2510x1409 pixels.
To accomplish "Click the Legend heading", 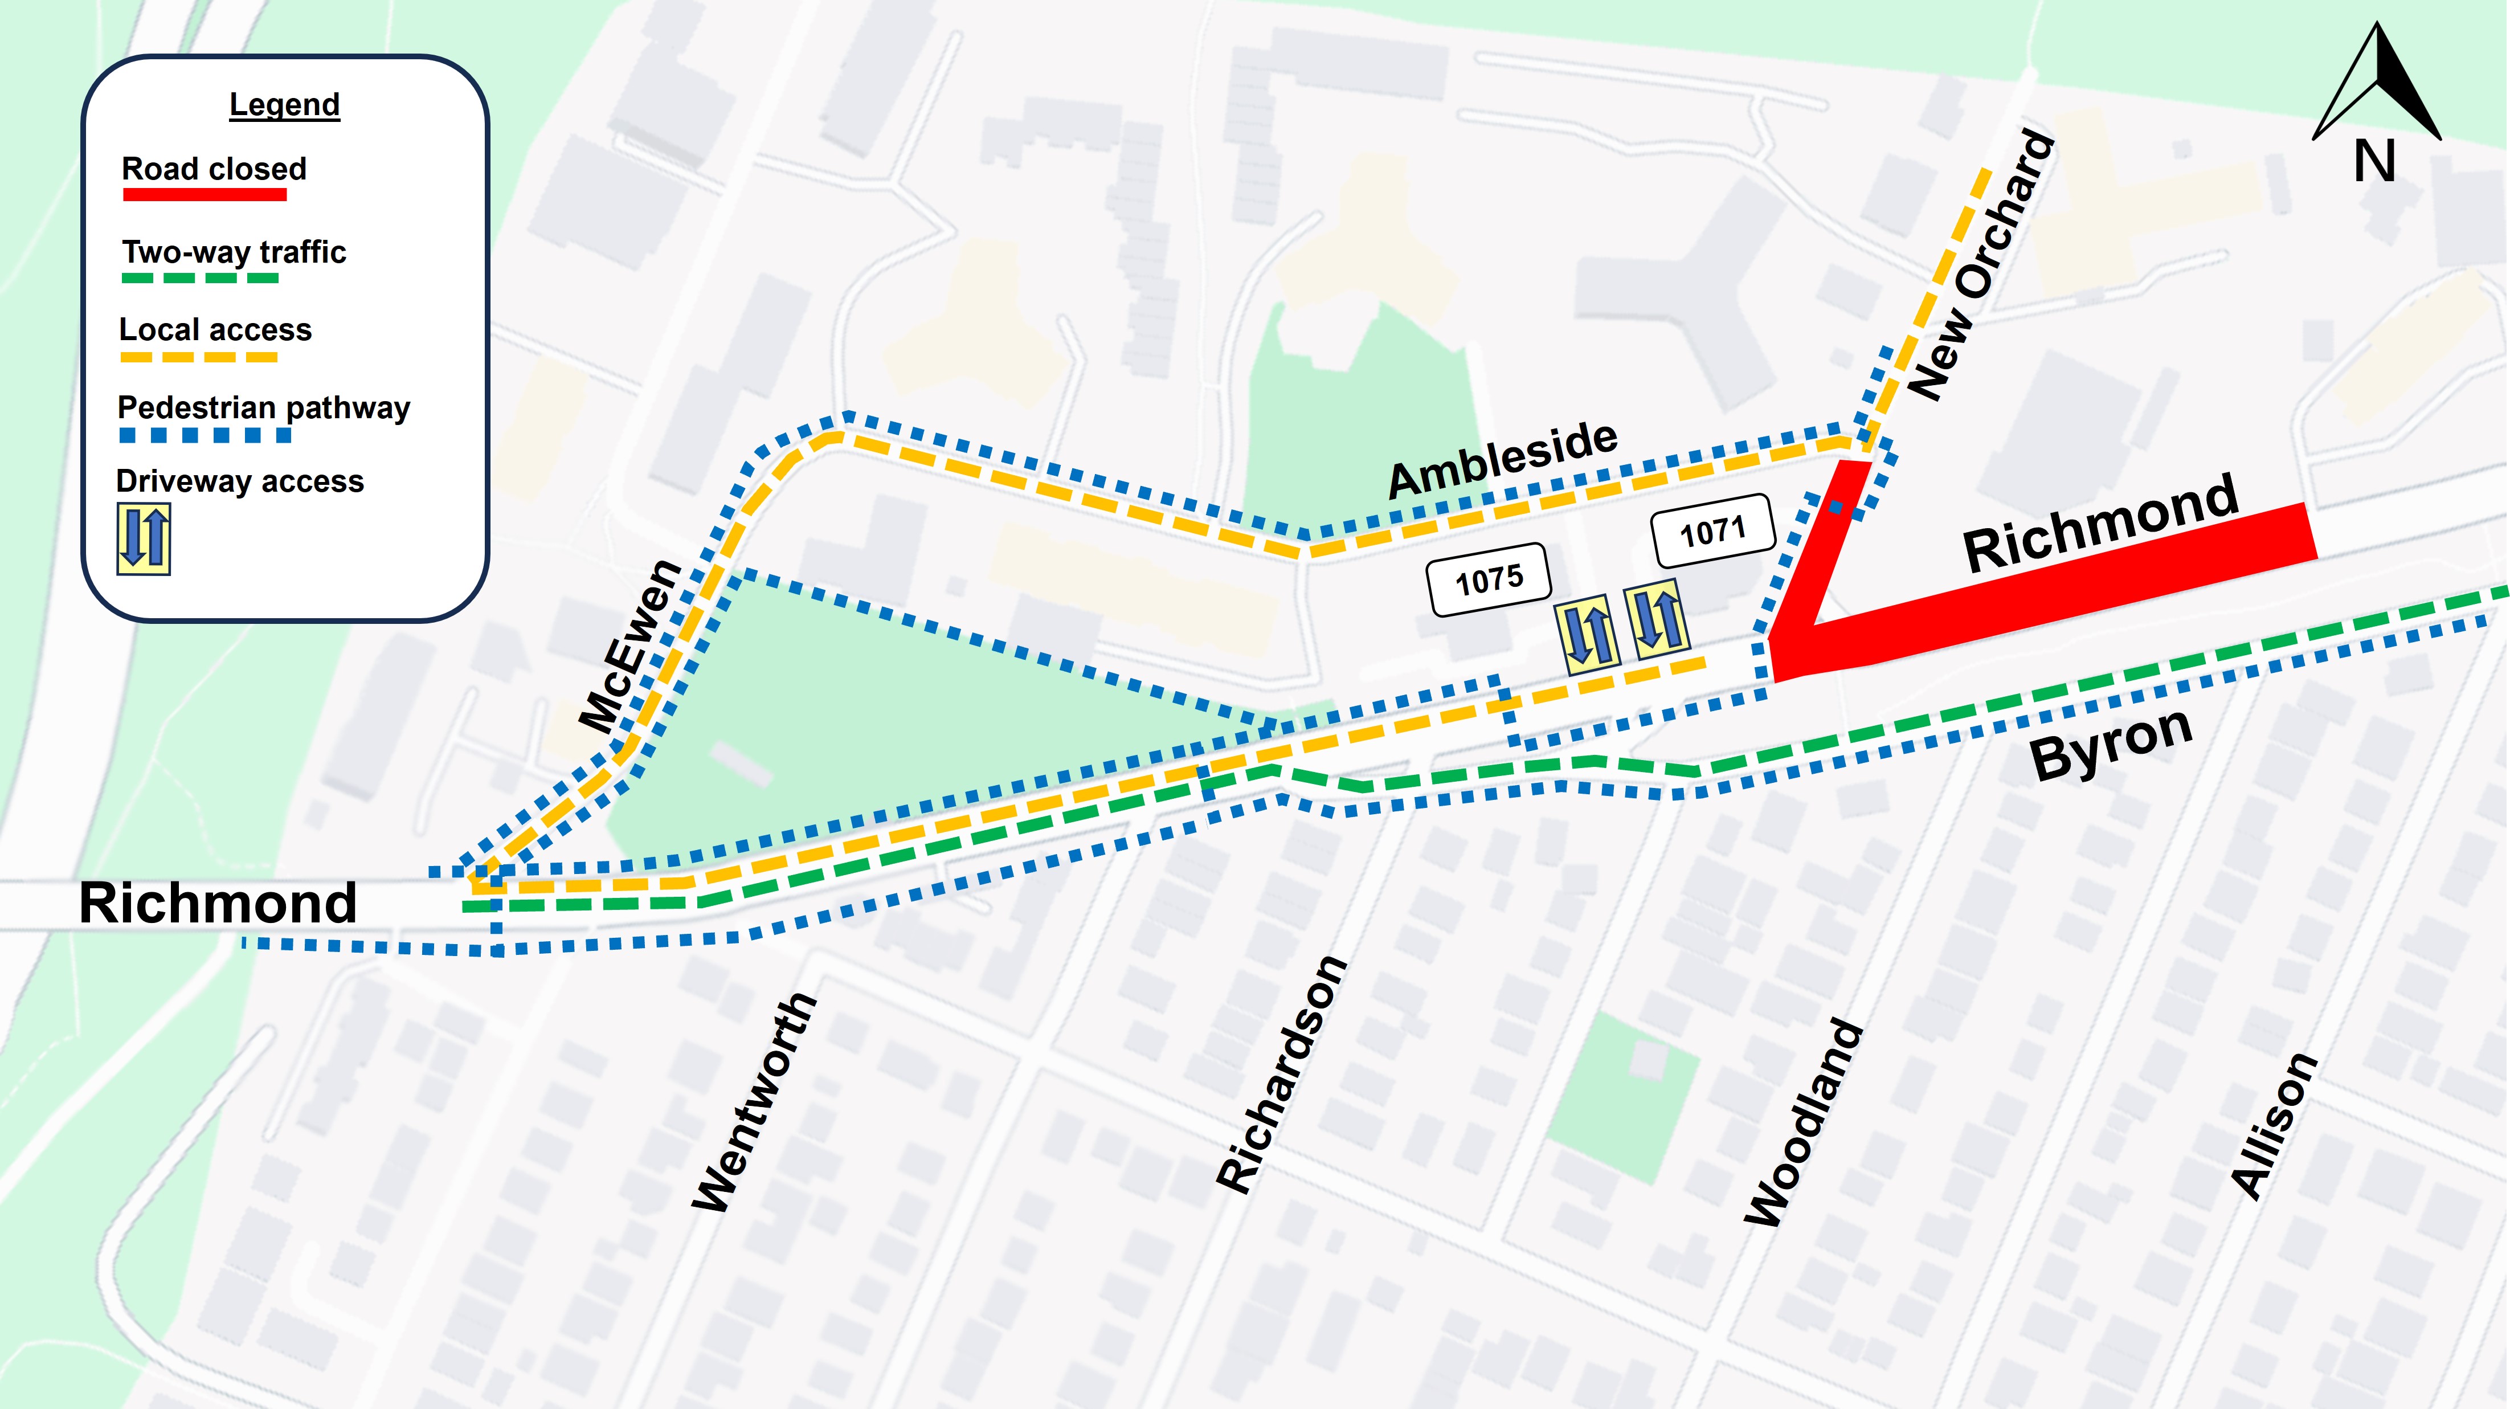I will point(284,104).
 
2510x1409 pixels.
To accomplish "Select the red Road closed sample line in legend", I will point(205,195).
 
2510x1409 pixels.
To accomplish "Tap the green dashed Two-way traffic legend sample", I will point(200,279).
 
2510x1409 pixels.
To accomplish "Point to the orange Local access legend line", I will point(199,357).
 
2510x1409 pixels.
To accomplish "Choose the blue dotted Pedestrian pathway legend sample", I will point(205,435).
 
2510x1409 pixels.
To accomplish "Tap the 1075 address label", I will point(1488,580).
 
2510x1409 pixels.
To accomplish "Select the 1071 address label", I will point(1712,531).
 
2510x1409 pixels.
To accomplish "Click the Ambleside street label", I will point(1502,459).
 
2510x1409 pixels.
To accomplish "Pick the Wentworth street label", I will point(753,1103).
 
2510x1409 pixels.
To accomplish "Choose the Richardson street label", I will point(1281,1074).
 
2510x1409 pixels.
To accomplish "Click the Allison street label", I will point(2273,1125).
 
